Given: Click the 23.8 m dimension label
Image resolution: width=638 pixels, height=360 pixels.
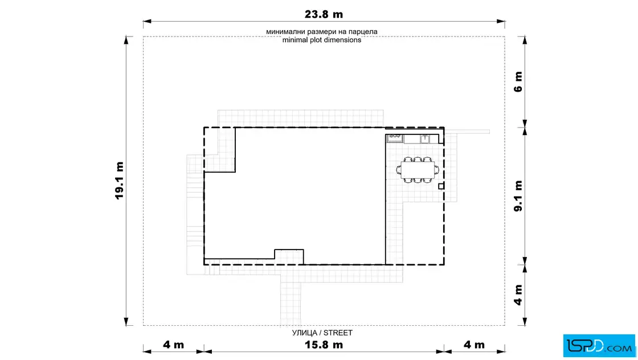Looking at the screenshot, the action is [x=324, y=14].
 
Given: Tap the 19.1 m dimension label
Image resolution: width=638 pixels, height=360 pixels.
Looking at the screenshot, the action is [x=119, y=181].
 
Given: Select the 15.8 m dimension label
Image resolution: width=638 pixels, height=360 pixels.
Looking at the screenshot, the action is [x=324, y=345].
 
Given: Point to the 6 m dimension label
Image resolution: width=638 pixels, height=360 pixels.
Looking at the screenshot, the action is [x=518, y=82].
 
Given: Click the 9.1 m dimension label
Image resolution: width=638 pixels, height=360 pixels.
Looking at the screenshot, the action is [x=518, y=196].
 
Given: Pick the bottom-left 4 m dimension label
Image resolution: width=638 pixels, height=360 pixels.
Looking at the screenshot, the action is [x=173, y=345].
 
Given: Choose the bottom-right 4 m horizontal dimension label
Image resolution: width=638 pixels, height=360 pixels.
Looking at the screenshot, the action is [x=474, y=345].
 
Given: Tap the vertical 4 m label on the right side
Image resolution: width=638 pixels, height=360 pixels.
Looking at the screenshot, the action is [x=518, y=295].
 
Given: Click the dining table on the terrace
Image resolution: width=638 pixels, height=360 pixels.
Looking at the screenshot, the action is [x=418, y=170].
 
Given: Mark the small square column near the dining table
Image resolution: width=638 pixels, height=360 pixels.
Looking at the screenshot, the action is [x=441, y=186].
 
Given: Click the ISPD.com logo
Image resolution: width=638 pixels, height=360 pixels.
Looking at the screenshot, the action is [x=599, y=346].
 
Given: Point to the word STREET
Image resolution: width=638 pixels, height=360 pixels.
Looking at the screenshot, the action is [x=338, y=333].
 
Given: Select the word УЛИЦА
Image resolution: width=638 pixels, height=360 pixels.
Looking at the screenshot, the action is [x=304, y=333].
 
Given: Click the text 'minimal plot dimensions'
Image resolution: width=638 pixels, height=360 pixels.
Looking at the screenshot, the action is [x=322, y=40].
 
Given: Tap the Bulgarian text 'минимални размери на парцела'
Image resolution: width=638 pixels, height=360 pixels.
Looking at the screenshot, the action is [x=322, y=32].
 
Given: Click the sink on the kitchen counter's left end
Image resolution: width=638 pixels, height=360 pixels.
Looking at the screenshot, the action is [x=395, y=138].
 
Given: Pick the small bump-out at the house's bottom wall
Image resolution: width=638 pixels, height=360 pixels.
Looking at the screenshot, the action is [x=289, y=257].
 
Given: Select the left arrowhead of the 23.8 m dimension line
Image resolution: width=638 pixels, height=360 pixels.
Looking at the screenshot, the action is [x=147, y=21].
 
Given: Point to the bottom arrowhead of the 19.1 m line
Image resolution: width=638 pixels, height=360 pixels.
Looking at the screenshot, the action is [x=126, y=322].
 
